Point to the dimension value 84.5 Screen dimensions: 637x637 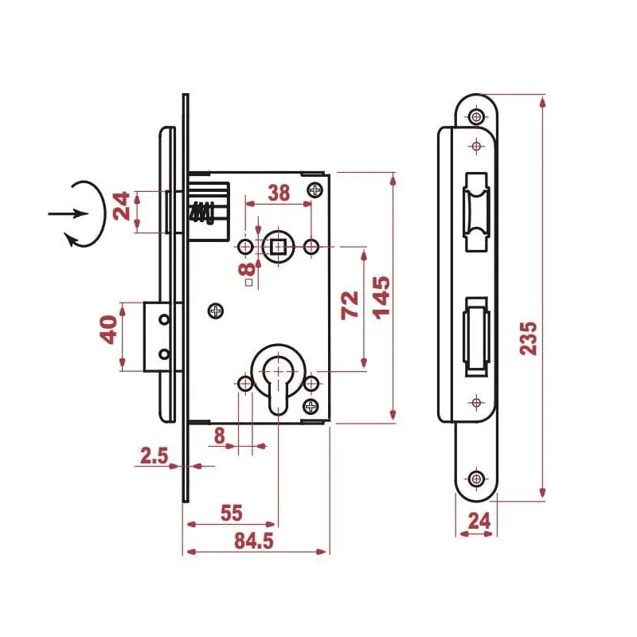pos(255,541)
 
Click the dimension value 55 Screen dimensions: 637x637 pos(231,514)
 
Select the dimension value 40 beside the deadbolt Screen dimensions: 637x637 pos(111,328)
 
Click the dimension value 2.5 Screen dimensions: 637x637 pos(153,455)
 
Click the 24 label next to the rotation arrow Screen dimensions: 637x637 pos(121,205)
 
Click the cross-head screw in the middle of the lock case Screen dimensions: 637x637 pos(215,311)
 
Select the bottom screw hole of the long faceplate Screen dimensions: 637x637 pos(476,479)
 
